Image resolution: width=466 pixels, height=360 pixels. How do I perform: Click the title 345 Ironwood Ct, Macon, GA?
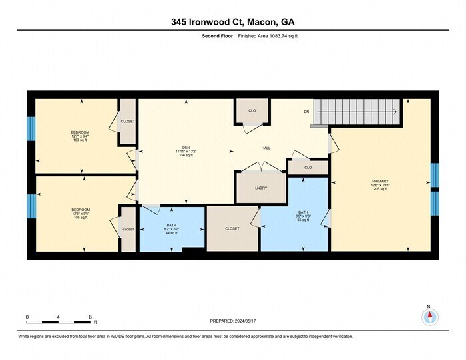(x=232, y=22)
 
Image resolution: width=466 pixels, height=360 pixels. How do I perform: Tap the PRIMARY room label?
(x=380, y=184)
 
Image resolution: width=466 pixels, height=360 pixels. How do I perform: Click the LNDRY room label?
(x=260, y=188)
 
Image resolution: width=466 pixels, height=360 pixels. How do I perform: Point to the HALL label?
(x=265, y=148)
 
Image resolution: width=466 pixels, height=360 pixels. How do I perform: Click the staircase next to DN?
(x=357, y=112)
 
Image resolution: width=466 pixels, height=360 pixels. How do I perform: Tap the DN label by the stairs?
(x=306, y=112)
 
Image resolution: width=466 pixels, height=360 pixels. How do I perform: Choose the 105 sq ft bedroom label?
(x=80, y=214)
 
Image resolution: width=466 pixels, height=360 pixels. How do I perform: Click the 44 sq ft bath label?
(x=171, y=229)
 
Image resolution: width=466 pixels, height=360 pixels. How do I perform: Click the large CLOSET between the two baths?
(x=232, y=228)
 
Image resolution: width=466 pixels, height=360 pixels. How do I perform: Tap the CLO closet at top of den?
(x=252, y=110)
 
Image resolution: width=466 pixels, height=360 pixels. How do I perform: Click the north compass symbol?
(x=429, y=316)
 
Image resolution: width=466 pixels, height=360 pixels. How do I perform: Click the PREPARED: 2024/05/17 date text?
(x=233, y=321)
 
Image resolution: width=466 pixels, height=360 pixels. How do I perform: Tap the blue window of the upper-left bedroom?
(x=31, y=129)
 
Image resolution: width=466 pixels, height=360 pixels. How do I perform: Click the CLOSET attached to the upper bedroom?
(x=127, y=122)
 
